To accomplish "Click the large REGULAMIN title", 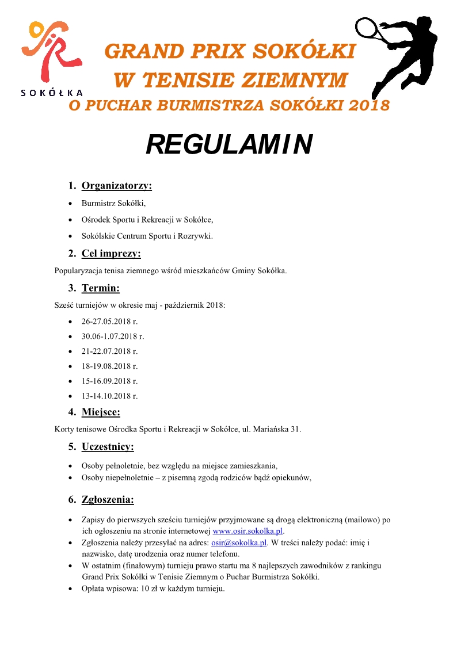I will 228,145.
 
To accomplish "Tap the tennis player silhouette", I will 397,55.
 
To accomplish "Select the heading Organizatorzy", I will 117,186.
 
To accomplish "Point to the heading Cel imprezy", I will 111,254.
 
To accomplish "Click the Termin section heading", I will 101,288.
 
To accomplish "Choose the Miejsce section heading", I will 101,412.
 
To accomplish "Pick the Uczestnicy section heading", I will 108,446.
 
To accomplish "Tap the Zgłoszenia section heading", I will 108,499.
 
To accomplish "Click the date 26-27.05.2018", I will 109,322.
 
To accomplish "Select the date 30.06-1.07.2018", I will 112,337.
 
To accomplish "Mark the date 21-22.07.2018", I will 109,351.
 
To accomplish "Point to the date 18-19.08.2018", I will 109,366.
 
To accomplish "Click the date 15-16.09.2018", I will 109,381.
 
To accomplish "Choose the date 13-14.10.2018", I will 109,396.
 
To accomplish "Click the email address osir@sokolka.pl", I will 239,542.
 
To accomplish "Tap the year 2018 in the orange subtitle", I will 365,106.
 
